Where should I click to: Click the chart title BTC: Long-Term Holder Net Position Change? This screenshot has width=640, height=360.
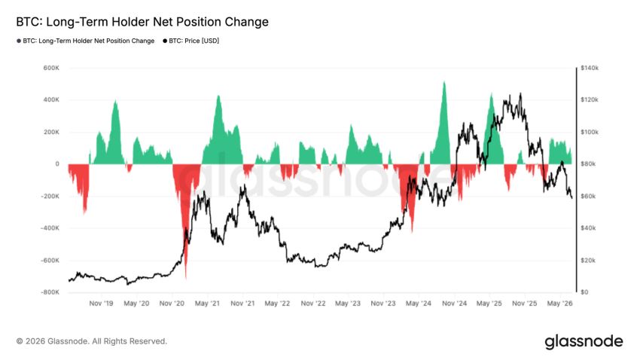coord(142,22)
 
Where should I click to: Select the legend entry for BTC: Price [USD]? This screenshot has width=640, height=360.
coord(191,41)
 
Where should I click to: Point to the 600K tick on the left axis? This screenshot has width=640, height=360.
coord(51,68)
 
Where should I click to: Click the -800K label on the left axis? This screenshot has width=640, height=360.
coord(50,292)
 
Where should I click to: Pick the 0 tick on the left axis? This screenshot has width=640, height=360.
coord(57,164)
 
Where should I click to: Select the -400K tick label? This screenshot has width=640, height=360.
coord(50,228)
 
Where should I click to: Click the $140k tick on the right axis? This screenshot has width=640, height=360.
coord(590,68)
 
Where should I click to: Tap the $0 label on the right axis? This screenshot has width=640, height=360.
coord(584,292)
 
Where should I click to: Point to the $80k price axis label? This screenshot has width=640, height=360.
coord(588,164)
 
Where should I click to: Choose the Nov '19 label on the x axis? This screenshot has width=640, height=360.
coord(101,304)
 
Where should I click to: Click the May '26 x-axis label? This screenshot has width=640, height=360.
coord(560,304)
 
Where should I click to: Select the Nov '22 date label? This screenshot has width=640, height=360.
coord(313,304)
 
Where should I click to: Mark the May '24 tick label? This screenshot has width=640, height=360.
coord(419,304)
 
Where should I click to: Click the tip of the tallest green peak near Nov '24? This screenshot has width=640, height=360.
coord(444,81)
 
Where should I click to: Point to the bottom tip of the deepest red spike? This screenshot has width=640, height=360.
coord(186,279)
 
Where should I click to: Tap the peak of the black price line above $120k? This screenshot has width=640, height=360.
coord(520,93)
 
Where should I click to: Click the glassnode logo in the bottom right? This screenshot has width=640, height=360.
coord(584,342)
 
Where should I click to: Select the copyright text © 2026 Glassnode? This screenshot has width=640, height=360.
coord(92,341)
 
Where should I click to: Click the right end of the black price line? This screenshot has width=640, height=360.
coord(571,198)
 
